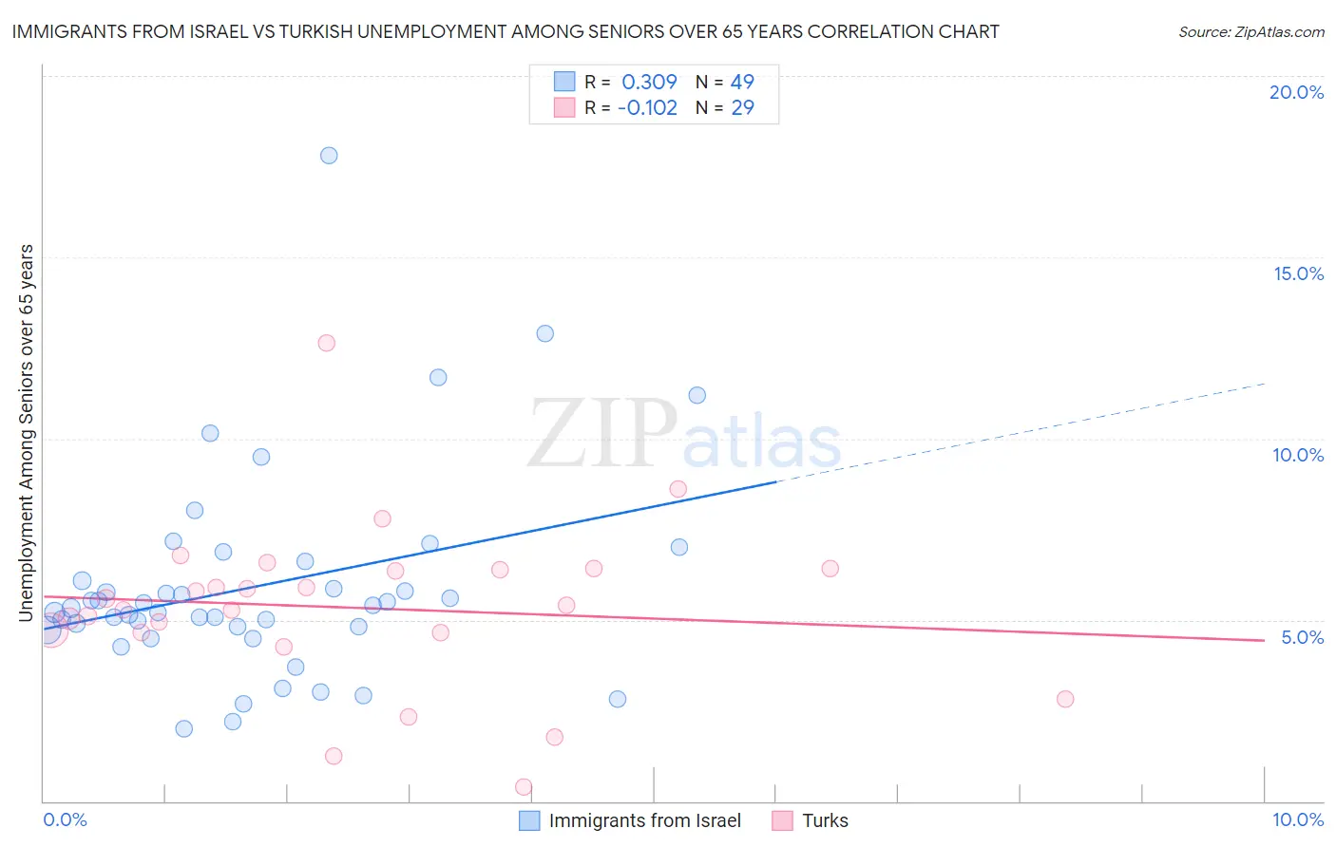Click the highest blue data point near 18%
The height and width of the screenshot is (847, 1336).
[329, 156]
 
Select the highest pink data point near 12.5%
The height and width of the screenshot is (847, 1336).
[327, 343]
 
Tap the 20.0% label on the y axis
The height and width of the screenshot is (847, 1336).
[1296, 92]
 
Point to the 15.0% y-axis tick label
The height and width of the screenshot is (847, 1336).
[1298, 273]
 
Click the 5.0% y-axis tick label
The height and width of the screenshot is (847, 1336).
[1302, 637]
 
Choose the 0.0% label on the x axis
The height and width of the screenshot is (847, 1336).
[65, 819]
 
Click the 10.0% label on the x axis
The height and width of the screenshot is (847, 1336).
[1297, 819]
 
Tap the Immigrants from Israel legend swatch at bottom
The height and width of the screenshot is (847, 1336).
[529, 820]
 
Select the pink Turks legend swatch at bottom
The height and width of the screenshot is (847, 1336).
[783, 820]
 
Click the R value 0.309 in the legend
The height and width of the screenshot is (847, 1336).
[649, 82]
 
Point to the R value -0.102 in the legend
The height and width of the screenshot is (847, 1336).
[647, 107]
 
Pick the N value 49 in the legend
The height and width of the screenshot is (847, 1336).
[742, 82]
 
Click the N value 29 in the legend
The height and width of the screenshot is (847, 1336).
[742, 107]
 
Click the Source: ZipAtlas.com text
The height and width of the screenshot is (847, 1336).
[1250, 32]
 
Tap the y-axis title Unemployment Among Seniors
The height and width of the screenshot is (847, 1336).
[27, 433]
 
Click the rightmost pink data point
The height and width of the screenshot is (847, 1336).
[1065, 699]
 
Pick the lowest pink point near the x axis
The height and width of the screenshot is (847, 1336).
[524, 787]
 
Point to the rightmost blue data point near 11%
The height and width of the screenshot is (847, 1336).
[697, 395]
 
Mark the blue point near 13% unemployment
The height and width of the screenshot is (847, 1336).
[545, 333]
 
